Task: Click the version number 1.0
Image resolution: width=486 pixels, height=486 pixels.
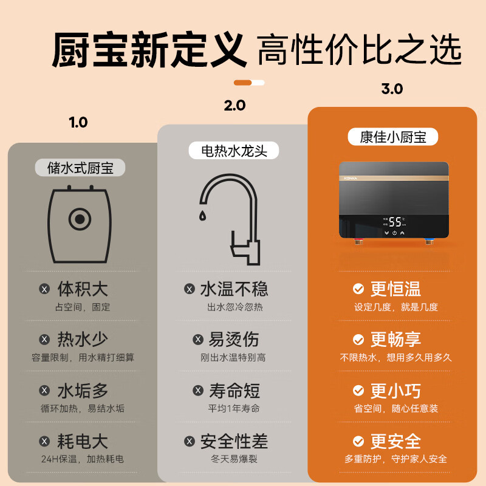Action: pyautogui.click(x=78, y=122)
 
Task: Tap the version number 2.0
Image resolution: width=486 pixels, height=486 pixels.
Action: pyautogui.click(x=234, y=105)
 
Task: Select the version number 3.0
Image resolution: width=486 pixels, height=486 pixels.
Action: pyautogui.click(x=392, y=89)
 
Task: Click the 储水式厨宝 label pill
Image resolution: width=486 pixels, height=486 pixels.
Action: pyautogui.click(x=81, y=168)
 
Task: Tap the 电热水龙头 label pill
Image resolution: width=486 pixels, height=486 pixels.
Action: pyautogui.click(x=234, y=150)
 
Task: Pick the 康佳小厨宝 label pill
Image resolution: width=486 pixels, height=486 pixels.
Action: pyautogui.click(x=393, y=136)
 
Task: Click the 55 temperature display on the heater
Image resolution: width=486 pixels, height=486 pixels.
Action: pyautogui.click(x=395, y=222)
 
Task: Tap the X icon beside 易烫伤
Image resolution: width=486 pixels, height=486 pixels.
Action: pyautogui.click(x=197, y=340)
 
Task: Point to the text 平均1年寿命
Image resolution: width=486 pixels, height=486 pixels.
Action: pyautogui.click(x=234, y=408)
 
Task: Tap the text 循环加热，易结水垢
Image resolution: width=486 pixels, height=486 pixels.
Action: pyautogui.click(x=83, y=408)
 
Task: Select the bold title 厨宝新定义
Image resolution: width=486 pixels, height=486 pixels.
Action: pyautogui.click(x=149, y=50)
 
